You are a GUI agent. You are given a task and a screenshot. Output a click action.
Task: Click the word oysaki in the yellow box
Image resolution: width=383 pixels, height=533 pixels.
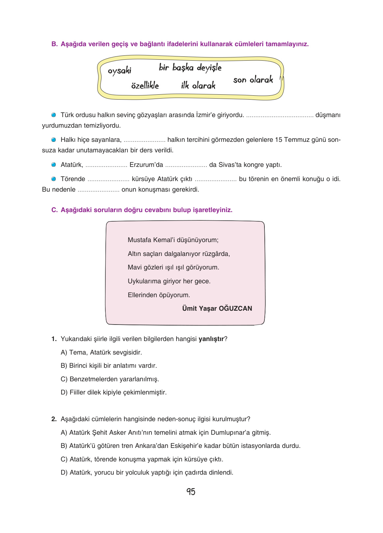point(119,71)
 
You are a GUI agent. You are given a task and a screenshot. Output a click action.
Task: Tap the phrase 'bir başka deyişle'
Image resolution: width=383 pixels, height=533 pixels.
point(190,68)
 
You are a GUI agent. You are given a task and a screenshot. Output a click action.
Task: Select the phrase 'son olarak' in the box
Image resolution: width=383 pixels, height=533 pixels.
point(253,80)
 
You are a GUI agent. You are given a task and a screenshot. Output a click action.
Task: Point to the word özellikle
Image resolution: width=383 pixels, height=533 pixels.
point(145,86)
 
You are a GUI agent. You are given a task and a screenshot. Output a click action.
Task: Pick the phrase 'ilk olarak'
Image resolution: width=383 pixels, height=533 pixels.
point(198,86)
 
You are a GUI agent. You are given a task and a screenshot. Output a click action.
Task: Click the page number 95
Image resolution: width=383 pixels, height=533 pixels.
point(191,492)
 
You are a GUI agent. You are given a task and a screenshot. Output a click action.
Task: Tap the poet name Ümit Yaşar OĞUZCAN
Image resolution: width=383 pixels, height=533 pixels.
point(217,308)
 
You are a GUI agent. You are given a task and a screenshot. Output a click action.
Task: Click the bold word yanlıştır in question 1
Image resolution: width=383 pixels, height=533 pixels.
point(211,339)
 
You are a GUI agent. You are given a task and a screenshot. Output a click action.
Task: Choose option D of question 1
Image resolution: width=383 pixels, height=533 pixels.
point(114,392)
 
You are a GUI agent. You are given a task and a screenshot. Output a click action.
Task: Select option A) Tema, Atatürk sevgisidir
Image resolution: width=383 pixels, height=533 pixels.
point(101,353)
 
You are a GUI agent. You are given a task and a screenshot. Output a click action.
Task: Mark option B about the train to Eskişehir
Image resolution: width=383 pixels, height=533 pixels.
point(180,446)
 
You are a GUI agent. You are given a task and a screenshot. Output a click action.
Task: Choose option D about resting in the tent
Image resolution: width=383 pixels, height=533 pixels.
point(147,473)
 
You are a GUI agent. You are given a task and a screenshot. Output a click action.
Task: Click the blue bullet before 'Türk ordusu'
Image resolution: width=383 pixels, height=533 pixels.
point(54,115)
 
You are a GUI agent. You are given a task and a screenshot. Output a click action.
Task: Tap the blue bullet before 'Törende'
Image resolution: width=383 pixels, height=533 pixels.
point(54,179)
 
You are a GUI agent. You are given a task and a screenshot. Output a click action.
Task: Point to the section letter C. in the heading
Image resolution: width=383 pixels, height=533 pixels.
point(54,210)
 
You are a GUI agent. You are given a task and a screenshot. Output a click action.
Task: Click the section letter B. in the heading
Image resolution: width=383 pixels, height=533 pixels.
point(54,44)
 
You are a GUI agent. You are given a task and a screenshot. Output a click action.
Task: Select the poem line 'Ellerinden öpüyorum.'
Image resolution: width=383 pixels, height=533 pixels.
point(159,295)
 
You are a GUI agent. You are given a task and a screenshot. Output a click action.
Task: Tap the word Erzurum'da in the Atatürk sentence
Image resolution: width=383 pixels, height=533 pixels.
point(146,165)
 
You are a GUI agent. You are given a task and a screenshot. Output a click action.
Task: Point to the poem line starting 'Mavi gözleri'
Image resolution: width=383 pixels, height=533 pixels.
point(173,267)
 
